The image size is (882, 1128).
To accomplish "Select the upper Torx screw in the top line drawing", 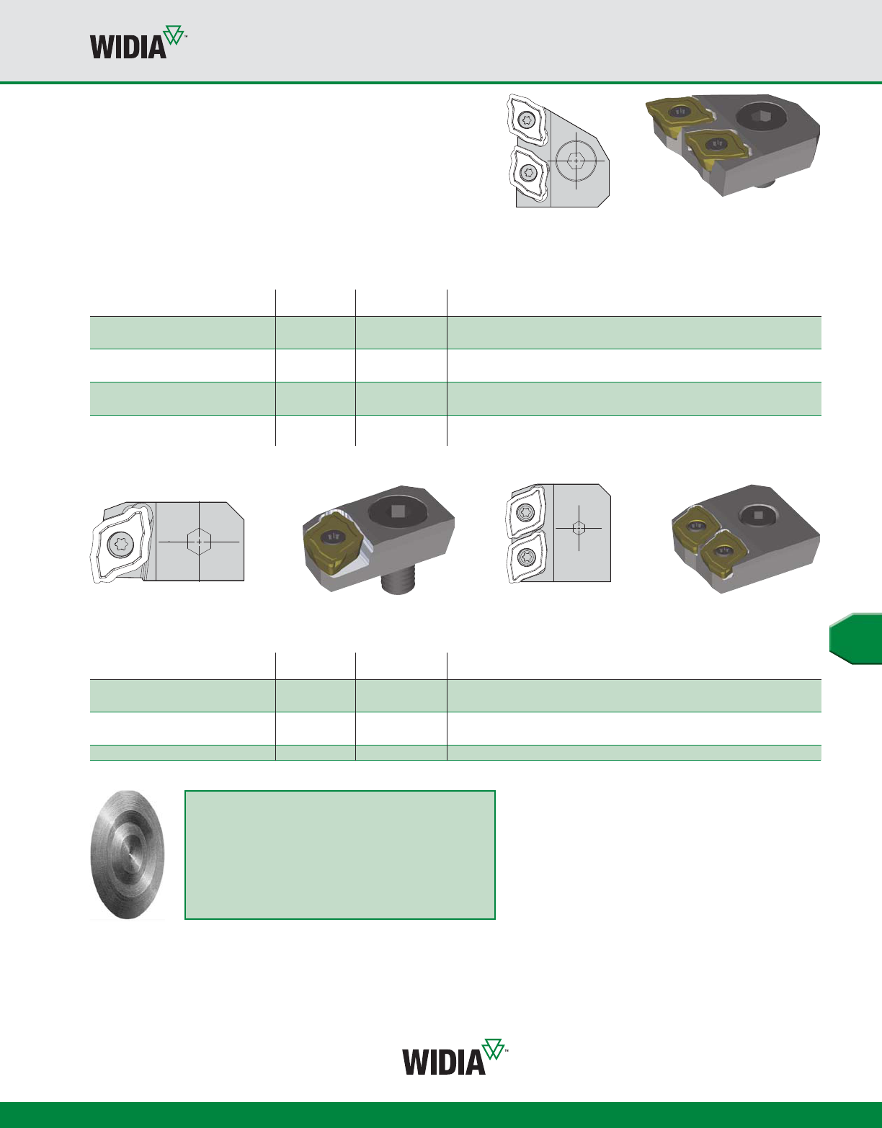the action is pyautogui.click(x=527, y=120).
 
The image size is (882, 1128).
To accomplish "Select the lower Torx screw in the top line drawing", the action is pyautogui.click(x=528, y=171).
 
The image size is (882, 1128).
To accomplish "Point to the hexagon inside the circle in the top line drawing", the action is pyautogui.click(x=576, y=161).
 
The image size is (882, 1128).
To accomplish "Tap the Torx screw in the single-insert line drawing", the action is pyautogui.click(x=121, y=544).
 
